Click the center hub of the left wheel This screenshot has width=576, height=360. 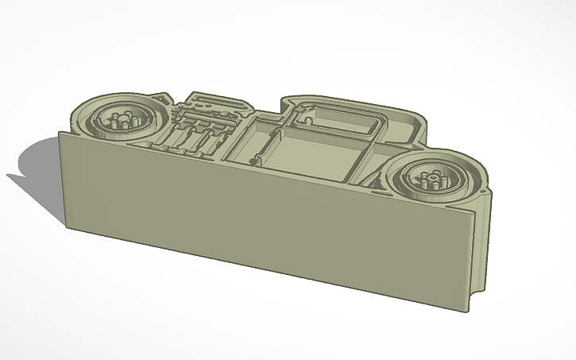(122, 122)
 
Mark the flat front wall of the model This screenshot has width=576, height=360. (262, 223)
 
